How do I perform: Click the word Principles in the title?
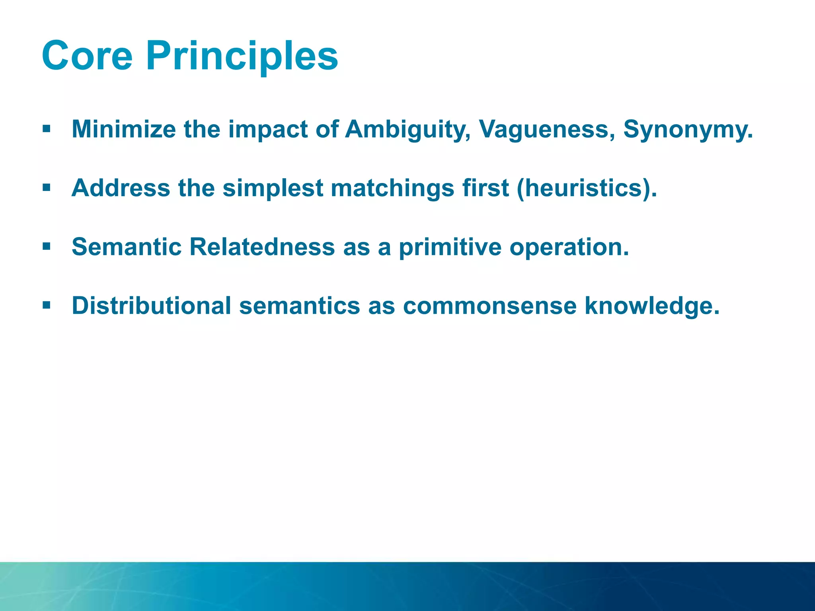242,56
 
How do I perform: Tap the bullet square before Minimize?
47,129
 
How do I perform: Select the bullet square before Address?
47,187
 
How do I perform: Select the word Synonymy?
688,130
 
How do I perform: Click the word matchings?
392,189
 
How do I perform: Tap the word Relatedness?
262,247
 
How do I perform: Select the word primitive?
450,247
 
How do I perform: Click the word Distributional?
151,305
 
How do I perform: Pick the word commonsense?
489,305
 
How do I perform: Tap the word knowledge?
652,306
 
